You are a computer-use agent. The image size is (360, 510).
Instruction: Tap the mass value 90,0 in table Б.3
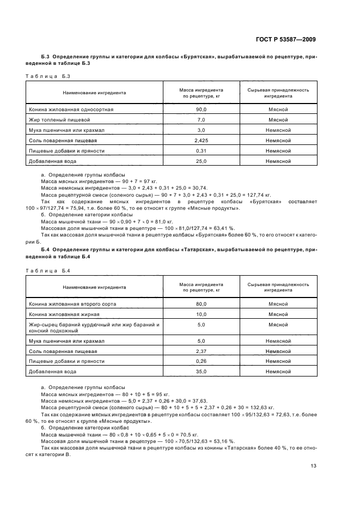pyautogui.click(x=201, y=109)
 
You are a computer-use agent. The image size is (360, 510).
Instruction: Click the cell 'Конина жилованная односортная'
pyautogui.click(x=71, y=109)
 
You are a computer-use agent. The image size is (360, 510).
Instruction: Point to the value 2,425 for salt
pyautogui.click(x=201, y=140)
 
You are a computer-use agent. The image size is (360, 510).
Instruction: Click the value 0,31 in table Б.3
pyautogui.click(x=201, y=150)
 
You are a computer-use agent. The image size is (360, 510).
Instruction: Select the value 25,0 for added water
pyautogui.click(x=201, y=161)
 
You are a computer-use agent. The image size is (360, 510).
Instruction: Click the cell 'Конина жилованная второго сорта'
pyautogui.click(x=72, y=303)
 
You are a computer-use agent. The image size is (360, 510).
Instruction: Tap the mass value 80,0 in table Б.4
pyautogui.click(x=201, y=303)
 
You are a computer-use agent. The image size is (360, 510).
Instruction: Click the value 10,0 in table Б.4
pyautogui.click(x=201, y=314)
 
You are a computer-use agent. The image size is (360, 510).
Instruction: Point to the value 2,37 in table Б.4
pyautogui.click(x=201, y=351)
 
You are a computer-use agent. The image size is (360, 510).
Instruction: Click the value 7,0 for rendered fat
pyautogui.click(x=201, y=119)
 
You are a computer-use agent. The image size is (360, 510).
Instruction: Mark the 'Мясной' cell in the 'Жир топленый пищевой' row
pyautogui.click(x=278, y=119)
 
